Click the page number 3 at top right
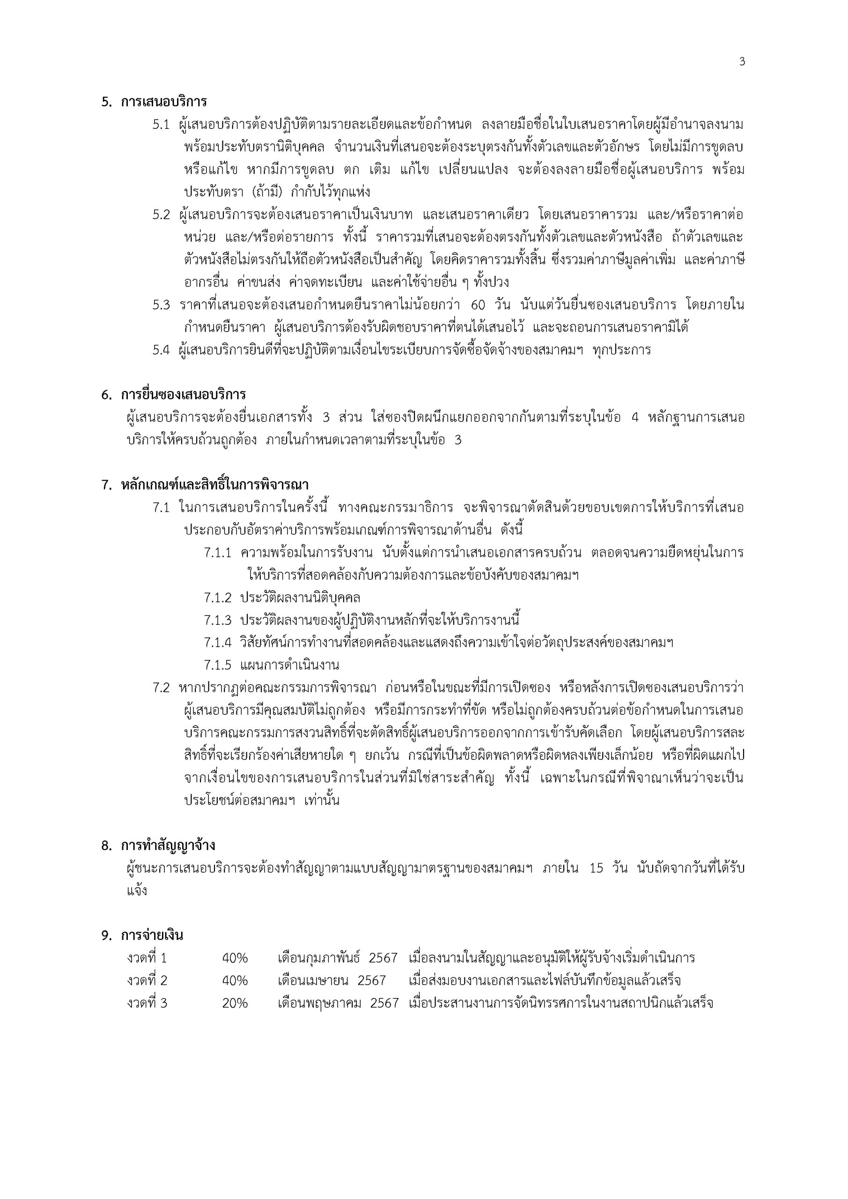742,62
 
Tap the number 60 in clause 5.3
478,305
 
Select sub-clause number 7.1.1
217,553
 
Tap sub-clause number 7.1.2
217,598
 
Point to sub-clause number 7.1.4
217,642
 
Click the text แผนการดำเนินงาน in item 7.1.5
290,665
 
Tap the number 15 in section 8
596,868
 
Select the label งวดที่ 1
147,958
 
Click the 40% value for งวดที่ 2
235,981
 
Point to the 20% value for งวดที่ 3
235,1003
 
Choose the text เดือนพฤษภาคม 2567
338,1003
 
